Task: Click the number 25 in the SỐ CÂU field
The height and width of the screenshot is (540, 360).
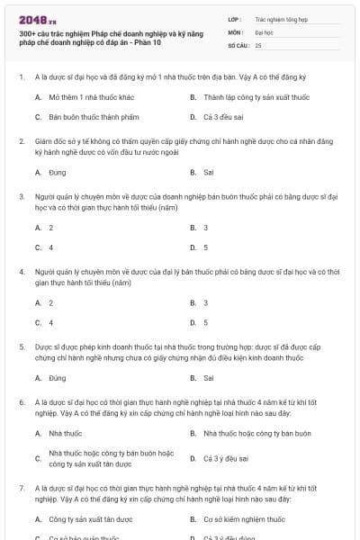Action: pyautogui.click(x=258, y=45)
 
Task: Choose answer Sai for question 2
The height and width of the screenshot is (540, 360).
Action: pyautogui.click(x=209, y=171)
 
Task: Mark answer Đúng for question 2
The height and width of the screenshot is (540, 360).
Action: pyautogui.click(x=58, y=171)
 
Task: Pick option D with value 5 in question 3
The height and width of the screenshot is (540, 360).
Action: pyautogui.click(x=205, y=247)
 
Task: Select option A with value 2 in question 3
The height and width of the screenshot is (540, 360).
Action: pyautogui.click(x=50, y=227)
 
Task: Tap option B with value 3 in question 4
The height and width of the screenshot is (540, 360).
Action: pyautogui.click(x=205, y=302)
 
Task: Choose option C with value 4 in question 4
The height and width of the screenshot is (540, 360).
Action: pyautogui.click(x=50, y=322)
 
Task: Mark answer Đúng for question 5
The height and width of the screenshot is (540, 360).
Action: pyautogui.click(x=58, y=378)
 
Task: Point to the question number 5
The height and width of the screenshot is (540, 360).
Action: pyautogui.click(x=21, y=345)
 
